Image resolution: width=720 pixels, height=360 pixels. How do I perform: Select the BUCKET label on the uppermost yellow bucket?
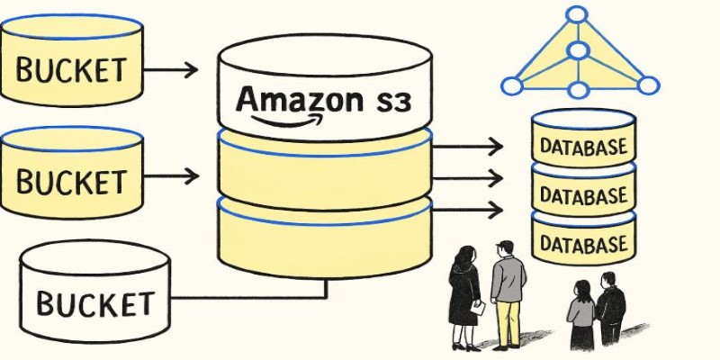pos(72,68)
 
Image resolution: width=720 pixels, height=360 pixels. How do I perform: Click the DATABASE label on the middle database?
pos(582,195)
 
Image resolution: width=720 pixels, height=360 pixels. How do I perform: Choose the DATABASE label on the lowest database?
pos(582,243)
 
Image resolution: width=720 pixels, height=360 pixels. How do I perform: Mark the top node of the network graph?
pos(577,14)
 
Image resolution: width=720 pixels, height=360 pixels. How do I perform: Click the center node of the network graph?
pos(577,50)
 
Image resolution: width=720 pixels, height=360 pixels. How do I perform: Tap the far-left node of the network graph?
pos(511,86)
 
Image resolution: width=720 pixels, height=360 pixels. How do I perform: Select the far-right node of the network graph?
pos(648,85)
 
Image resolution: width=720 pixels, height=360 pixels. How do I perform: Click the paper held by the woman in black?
pos(480,309)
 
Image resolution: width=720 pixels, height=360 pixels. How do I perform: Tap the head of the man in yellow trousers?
pos(505,249)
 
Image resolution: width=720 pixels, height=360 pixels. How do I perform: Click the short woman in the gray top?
pos(580,310)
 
